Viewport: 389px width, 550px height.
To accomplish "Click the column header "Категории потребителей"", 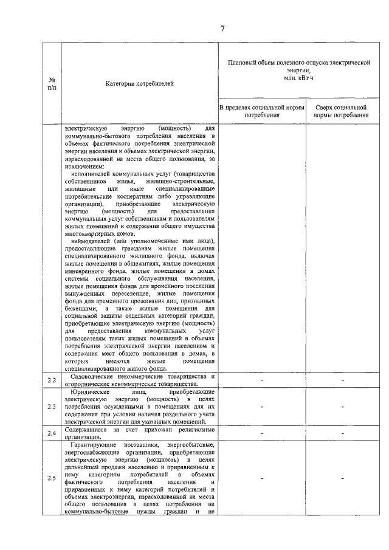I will [139, 83].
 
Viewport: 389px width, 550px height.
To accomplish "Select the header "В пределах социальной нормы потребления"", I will [261, 111].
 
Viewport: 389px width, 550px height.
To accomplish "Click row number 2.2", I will [52, 381].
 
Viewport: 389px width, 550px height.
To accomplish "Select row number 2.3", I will [52, 407].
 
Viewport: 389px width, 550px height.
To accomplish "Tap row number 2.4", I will [52, 433].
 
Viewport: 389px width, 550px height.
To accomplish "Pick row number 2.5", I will [52, 478].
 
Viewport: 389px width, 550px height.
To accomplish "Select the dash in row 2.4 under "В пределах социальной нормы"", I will [261, 433].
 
